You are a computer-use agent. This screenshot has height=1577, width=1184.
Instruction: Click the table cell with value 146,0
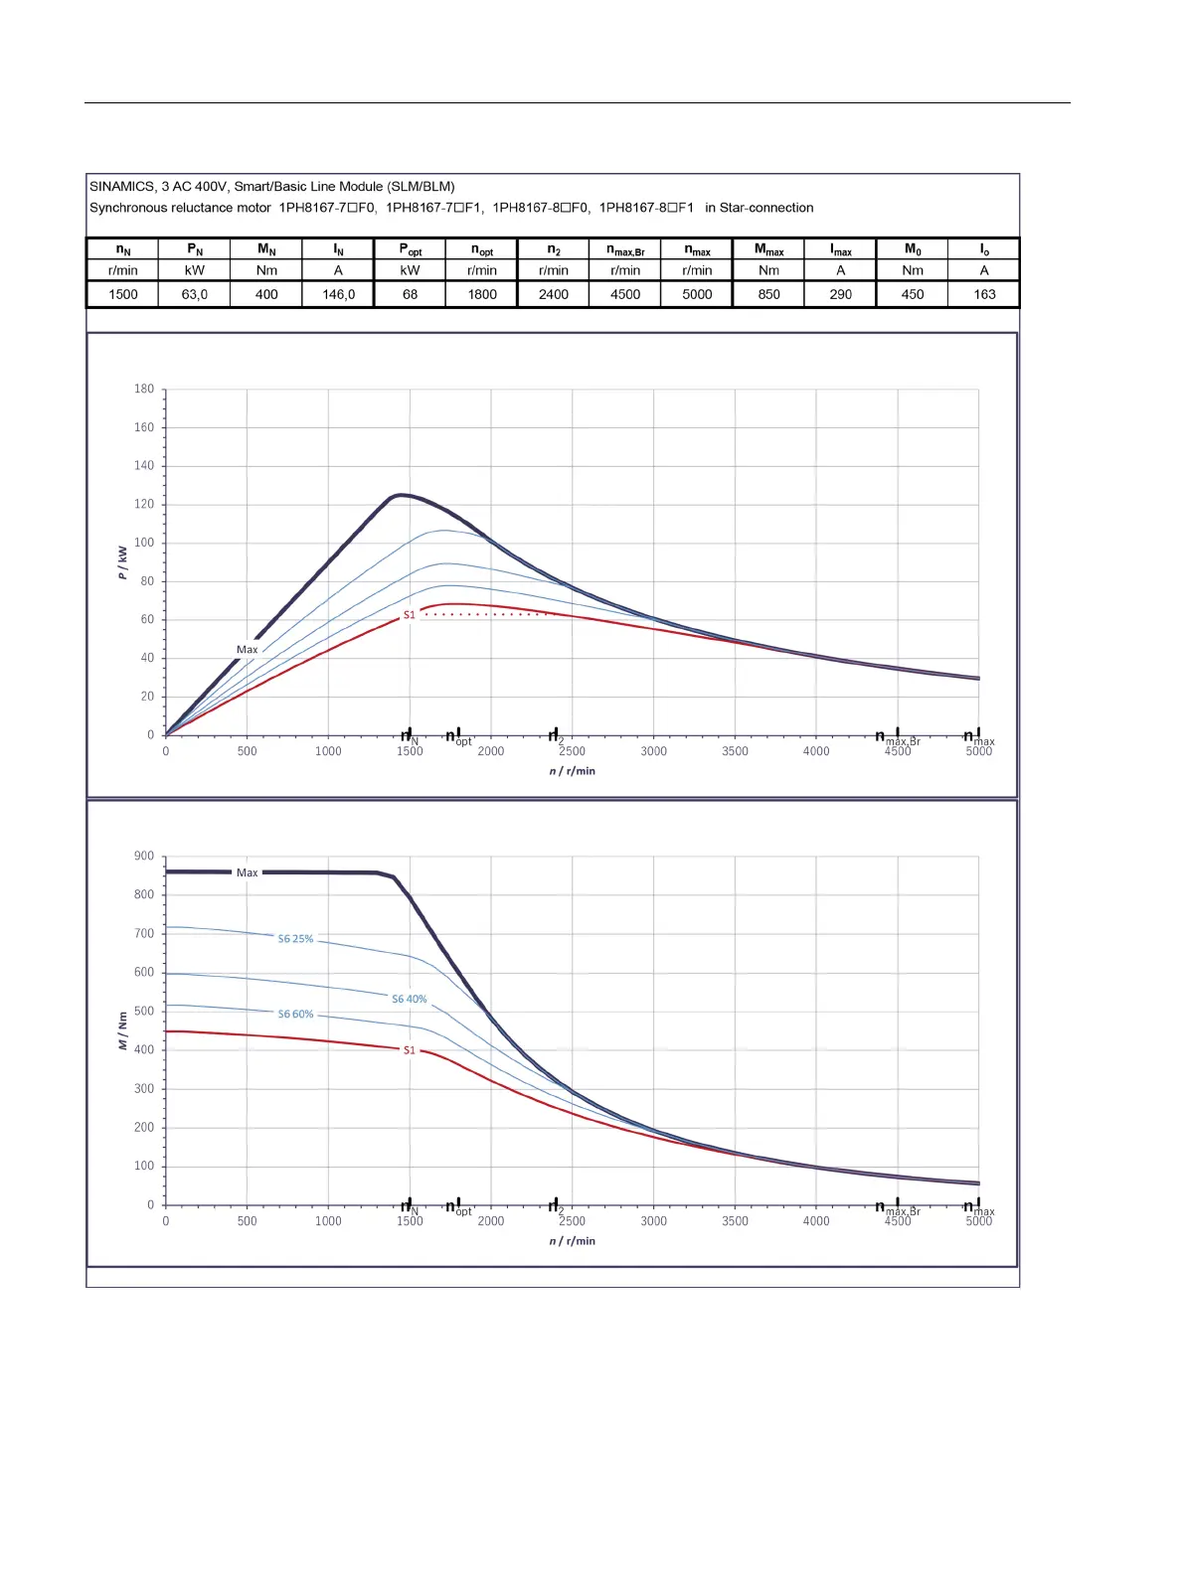(x=338, y=294)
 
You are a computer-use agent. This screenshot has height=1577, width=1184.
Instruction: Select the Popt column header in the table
(x=410, y=249)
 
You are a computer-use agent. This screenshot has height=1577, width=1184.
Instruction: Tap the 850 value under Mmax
(x=768, y=294)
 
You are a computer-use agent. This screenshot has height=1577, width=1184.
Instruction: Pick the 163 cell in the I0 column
(x=984, y=294)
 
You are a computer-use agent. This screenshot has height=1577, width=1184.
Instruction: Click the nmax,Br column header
(x=625, y=249)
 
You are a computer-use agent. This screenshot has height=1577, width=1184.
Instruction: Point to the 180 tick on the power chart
(x=144, y=389)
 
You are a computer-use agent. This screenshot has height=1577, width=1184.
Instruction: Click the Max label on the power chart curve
(x=247, y=650)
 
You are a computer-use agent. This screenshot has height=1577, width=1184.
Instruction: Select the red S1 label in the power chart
(x=409, y=615)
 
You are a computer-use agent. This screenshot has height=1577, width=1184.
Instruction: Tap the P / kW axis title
(x=122, y=562)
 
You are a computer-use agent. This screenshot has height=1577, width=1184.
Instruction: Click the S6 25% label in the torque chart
(x=295, y=938)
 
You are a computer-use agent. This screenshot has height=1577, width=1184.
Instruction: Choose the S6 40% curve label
(x=409, y=999)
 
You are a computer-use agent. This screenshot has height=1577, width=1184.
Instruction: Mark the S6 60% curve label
(x=295, y=1014)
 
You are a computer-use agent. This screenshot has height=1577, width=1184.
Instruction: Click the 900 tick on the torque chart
(x=144, y=856)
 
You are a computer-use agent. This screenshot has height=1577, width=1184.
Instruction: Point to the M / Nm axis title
(x=122, y=1030)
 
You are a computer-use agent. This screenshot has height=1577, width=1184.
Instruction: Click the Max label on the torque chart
(x=247, y=872)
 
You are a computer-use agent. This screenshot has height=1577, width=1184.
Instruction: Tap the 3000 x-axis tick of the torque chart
(x=653, y=1221)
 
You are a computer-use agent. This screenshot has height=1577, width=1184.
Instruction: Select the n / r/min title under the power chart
(x=572, y=771)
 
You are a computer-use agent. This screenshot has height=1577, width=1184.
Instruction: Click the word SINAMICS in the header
(x=121, y=186)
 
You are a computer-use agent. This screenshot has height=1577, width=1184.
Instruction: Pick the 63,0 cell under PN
(x=195, y=294)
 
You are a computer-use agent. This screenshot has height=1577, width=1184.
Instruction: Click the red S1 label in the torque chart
(x=409, y=1049)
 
